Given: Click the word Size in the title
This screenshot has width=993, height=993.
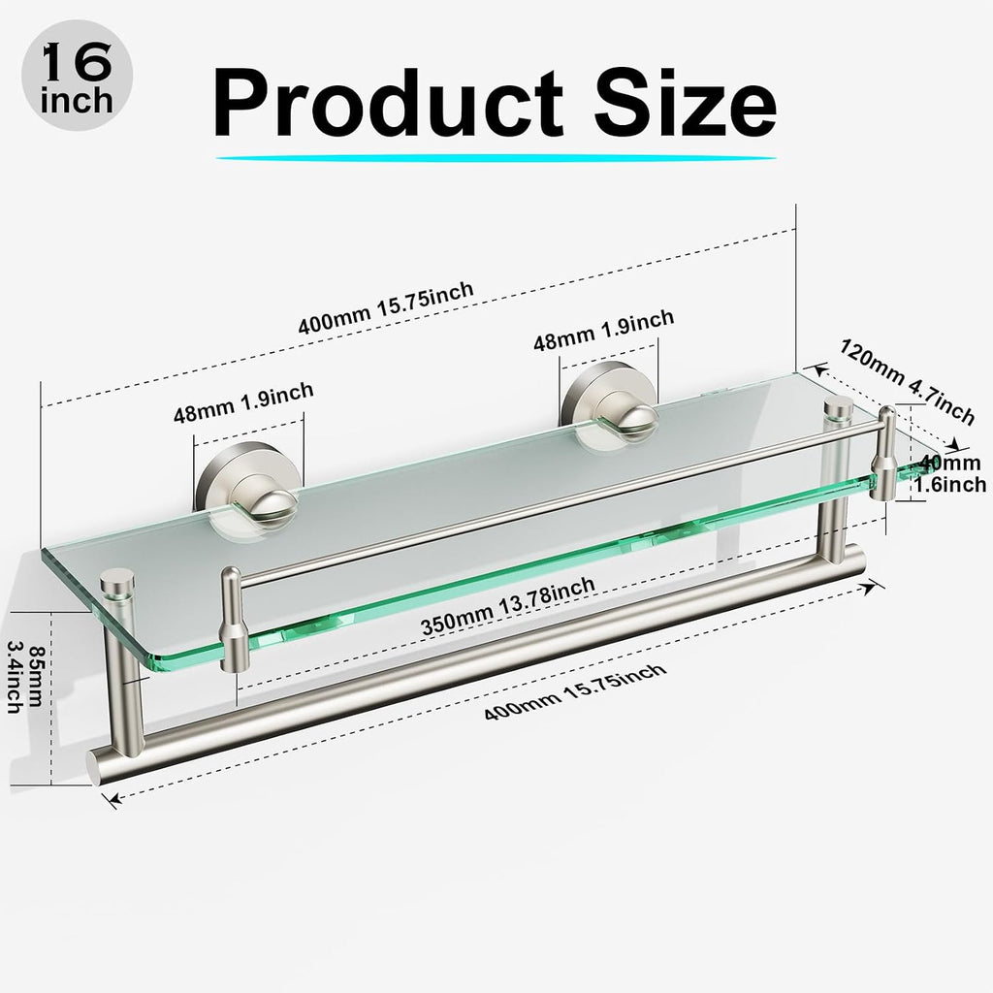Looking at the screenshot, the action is point(685,102).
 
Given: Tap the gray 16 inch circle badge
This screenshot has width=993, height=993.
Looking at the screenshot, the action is point(78,76).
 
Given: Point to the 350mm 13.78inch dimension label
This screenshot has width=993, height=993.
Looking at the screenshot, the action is point(508,606).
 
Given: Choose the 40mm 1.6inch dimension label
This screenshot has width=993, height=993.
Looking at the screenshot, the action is point(950,473).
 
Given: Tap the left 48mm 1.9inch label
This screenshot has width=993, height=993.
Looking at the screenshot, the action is point(243,402).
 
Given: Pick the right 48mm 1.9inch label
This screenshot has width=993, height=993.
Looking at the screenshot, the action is point(603,330).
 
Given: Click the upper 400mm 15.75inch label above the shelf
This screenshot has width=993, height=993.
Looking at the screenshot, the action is point(386,307).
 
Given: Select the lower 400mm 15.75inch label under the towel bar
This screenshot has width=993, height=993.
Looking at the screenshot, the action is point(575,691).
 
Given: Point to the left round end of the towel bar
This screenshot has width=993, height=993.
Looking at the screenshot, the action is point(93,768).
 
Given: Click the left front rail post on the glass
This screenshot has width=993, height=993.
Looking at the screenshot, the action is point(234,620).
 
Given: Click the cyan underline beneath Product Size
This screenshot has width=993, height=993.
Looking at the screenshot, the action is point(496,158).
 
